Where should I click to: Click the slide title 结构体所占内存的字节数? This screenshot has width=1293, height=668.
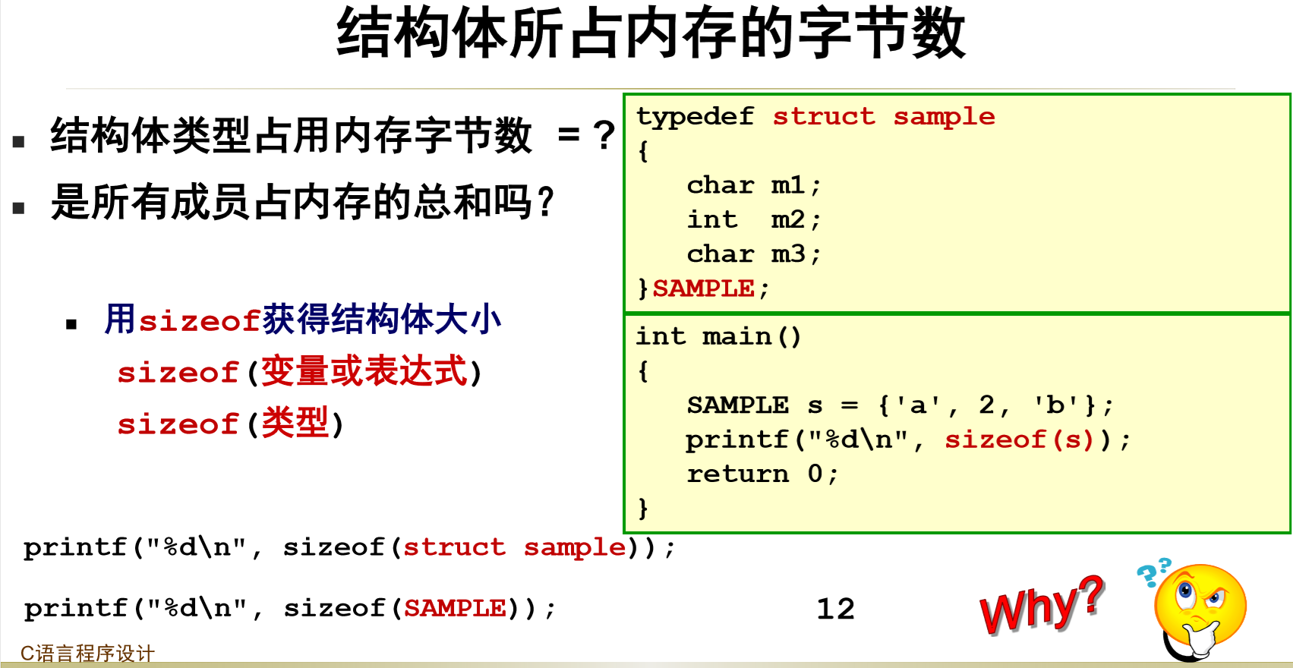coord(651,34)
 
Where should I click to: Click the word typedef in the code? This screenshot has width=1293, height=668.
coord(695,116)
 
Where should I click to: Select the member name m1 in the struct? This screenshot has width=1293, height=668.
coord(787,185)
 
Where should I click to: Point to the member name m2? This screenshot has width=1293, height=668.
coord(787,219)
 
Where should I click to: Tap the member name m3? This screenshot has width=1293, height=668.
coord(787,254)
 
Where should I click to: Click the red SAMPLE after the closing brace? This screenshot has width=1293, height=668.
coord(703,288)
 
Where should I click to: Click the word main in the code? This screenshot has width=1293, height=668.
coord(736,336)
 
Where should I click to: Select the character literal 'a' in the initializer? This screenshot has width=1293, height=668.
coord(918,405)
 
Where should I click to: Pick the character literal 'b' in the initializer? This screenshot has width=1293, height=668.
coord(1055,405)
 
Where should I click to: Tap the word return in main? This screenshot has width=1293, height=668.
coord(737,474)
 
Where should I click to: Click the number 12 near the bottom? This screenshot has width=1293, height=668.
coord(835,609)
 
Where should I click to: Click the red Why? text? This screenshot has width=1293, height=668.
coord(1040,605)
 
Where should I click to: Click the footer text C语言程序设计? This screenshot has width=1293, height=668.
coord(87,653)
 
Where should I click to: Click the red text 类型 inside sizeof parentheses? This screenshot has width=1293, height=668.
coord(295,423)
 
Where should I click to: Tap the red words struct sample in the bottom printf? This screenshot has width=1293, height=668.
coord(515,547)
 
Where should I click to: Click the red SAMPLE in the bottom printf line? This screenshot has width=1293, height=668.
coord(455,608)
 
